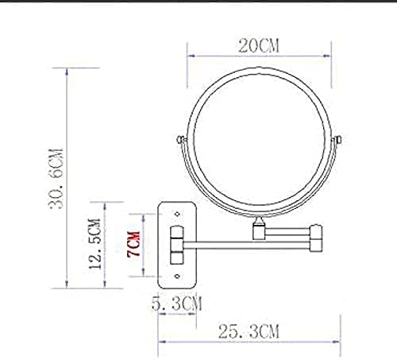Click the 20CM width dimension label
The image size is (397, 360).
(260, 45)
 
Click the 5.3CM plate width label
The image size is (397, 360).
(175, 303)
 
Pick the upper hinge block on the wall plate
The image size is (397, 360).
(176, 235)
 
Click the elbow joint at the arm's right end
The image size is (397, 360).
(318, 236)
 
